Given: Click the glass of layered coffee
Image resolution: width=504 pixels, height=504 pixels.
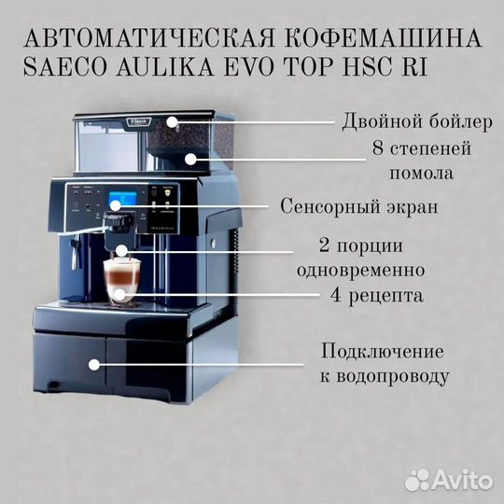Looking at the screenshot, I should click(119, 280).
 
